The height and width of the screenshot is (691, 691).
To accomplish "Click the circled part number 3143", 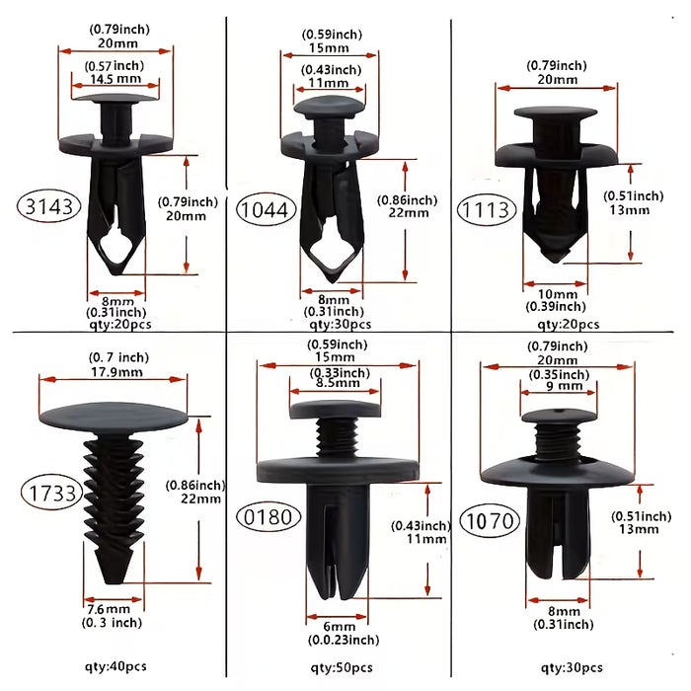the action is click(49, 205).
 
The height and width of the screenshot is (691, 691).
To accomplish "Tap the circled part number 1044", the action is click(266, 209).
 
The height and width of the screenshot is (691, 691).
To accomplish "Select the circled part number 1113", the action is click(486, 209).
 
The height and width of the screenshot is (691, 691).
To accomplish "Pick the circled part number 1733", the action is click(52, 493).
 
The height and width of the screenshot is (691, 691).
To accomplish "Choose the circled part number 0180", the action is click(269, 516).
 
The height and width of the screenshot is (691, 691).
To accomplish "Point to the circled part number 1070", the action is click(490, 521).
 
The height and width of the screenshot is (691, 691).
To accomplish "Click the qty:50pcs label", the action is click(342, 668).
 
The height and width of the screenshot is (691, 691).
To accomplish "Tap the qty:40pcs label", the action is click(115, 666).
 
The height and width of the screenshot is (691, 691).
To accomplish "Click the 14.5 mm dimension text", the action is click(115, 78).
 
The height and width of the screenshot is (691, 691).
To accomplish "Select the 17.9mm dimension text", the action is click(116, 372).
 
